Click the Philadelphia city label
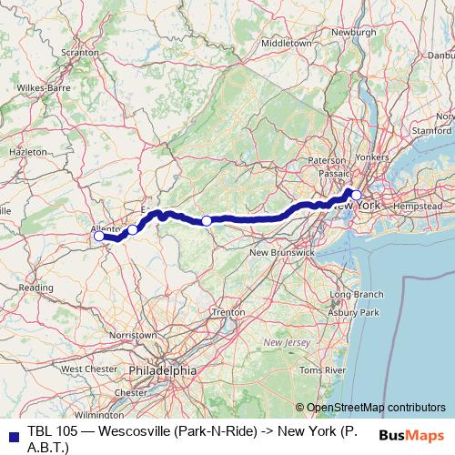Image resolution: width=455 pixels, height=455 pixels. pyautogui.click(x=162, y=370)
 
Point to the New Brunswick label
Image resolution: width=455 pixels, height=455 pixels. pyautogui.click(x=282, y=251)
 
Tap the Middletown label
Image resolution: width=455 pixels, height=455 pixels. pyautogui.click(x=286, y=43)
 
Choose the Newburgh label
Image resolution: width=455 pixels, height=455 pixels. pyautogui.click(x=353, y=32)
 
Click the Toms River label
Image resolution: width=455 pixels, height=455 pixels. pyautogui.click(x=323, y=371)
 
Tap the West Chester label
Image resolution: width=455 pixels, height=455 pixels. pyautogui.click(x=85, y=369)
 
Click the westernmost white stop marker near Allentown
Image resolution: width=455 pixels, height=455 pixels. pyautogui.click(x=99, y=236)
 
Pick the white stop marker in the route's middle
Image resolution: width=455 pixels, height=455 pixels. pyautogui.click(x=207, y=220)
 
